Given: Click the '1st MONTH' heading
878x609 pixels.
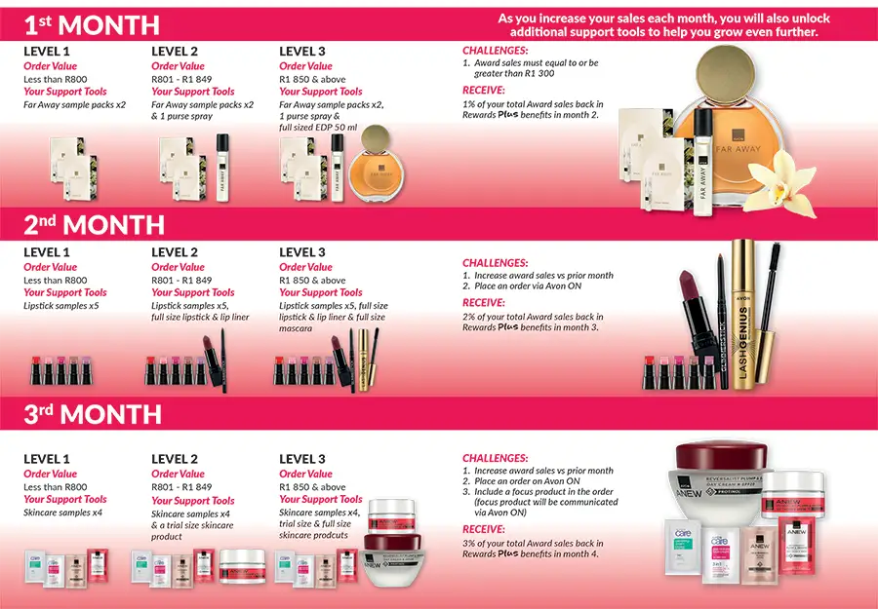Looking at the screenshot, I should (92, 24).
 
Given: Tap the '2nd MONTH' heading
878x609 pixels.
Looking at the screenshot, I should (94, 225).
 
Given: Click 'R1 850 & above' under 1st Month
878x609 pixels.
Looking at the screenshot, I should (312, 79).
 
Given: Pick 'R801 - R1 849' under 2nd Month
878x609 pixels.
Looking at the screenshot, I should (181, 280).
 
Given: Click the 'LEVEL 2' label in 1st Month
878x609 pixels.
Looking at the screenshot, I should (175, 51).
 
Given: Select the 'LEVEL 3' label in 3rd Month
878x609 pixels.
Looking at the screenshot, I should (302, 459).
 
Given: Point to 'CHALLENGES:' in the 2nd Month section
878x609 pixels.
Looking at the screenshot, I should (496, 263).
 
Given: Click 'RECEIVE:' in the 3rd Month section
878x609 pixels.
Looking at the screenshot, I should (484, 530).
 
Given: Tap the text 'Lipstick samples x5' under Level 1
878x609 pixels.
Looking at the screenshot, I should (61, 305).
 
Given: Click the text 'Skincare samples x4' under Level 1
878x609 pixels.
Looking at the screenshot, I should (63, 513).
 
